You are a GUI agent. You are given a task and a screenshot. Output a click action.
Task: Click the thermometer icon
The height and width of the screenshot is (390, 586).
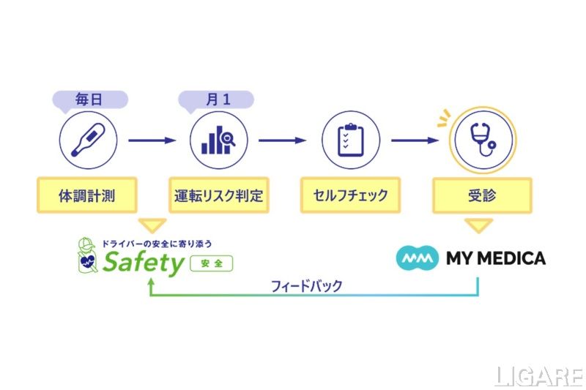(x=86, y=140)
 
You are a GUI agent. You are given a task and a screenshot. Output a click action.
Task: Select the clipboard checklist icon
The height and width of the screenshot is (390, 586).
(x=350, y=140)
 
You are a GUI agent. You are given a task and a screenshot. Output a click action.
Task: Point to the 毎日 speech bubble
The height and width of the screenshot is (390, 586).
(x=89, y=99)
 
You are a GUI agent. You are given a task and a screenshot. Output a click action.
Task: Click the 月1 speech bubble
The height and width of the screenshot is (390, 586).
(x=218, y=99)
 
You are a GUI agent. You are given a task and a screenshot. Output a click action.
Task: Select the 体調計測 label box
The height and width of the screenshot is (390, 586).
(x=86, y=196)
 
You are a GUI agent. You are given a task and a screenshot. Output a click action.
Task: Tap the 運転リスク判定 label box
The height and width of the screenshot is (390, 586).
(x=218, y=196)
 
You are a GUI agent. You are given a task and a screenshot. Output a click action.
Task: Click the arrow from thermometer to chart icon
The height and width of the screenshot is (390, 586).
(x=152, y=140)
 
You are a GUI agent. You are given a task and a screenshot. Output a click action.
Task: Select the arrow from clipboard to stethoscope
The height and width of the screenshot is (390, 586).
(x=415, y=140)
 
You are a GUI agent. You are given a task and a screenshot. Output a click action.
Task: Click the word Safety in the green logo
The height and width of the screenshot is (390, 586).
(x=143, y=262)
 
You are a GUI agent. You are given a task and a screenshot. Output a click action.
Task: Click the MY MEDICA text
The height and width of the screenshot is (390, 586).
(x=495, y=258)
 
